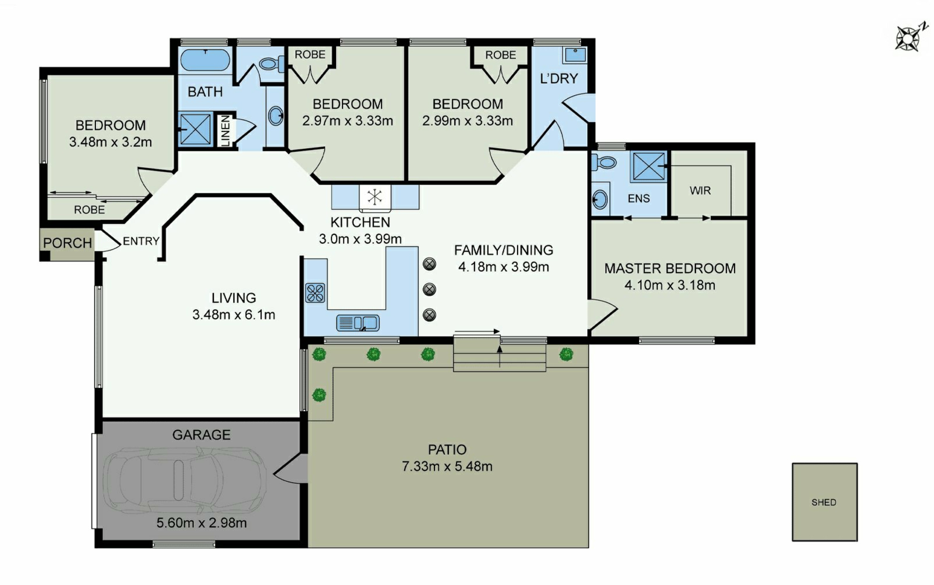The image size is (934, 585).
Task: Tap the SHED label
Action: tap(824, 502)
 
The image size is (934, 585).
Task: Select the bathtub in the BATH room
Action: tap(205, 60)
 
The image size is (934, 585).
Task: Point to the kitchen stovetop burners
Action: tap(315, 293)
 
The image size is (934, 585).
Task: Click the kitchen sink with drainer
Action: tap(358, 323)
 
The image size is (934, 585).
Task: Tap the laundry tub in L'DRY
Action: tap(575, 55)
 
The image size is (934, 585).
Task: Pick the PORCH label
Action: tap(68, 243)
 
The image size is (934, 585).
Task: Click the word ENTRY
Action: tap(141, 241)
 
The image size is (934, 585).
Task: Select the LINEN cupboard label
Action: tap(225, 130)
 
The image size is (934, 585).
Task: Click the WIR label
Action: tap(700, 191)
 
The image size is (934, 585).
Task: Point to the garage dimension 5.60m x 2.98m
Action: tap(201, 523)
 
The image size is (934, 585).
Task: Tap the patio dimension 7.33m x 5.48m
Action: tap(447, 466)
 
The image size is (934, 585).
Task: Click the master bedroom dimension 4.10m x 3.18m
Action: tap(670, 285)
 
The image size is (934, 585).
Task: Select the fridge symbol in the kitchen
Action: tap(375, 197)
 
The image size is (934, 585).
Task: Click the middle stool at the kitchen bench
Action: tap(429, 289)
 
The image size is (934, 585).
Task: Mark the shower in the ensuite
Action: tap(649, 166)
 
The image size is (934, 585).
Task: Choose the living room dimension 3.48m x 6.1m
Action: tap(233, 315)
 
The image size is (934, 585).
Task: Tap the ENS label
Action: tap(639, 198)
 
